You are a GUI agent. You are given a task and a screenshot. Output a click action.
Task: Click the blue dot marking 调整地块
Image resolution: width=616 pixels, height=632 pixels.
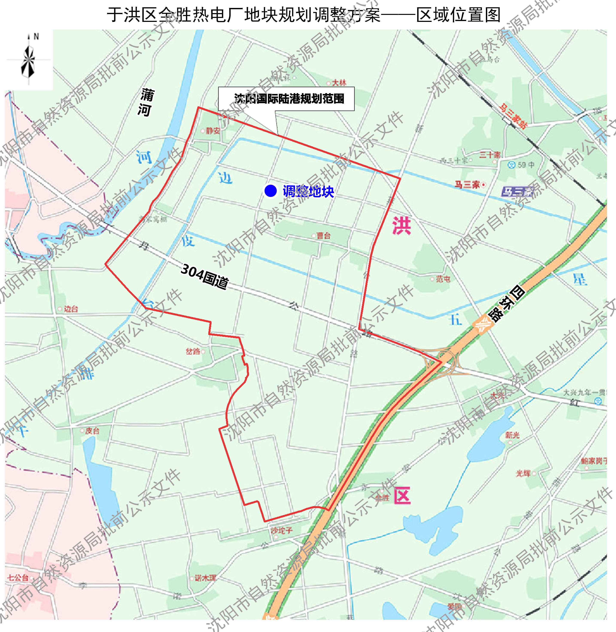point(271,191)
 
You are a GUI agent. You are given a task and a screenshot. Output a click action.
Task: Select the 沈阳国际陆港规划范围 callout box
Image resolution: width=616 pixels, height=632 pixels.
point(286,99)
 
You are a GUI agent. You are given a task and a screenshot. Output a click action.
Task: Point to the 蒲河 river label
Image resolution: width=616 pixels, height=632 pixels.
point(145,103)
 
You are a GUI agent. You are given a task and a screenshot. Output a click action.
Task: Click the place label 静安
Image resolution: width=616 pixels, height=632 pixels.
point(213,131)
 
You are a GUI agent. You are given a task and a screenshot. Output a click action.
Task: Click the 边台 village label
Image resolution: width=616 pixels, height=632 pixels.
point(70,309)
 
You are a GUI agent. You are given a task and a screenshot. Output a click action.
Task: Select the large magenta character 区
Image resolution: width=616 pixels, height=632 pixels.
point(402,496)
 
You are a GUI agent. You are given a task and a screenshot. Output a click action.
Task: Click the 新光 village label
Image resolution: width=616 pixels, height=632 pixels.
point(512,435)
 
